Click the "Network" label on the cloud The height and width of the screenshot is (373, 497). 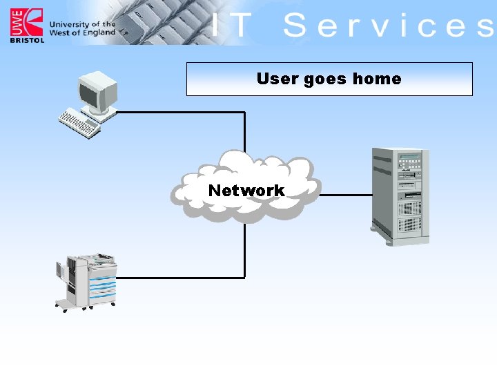[x=246, y=190]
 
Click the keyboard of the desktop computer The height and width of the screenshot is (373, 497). [x=80, y=124]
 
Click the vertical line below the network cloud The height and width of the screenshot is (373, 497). [x=244, y=249]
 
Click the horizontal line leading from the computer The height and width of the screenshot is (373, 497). [x=179, y=113]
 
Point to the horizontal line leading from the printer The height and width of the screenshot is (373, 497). [x=179, y=278]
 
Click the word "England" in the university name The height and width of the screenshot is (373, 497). [x=99, y=32]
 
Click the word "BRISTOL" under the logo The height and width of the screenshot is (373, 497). [x=26, y=40]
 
